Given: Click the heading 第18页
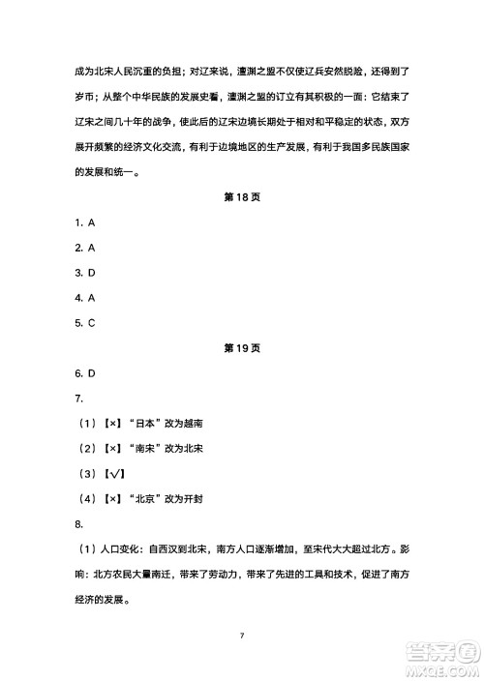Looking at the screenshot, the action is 242,197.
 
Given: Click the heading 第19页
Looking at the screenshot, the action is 242,348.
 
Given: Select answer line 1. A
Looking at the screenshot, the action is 84,222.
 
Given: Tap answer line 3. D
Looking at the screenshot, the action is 84,273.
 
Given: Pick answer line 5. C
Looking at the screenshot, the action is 84,323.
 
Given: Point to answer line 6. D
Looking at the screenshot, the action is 84,373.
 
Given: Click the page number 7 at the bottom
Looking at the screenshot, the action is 242,635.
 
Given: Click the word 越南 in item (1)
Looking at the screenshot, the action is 192,424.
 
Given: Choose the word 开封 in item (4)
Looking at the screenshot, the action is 192,499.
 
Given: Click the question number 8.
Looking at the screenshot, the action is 79,524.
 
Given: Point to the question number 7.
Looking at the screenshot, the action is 79,399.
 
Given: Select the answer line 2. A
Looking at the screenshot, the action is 84,248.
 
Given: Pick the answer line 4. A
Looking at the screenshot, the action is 84,298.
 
